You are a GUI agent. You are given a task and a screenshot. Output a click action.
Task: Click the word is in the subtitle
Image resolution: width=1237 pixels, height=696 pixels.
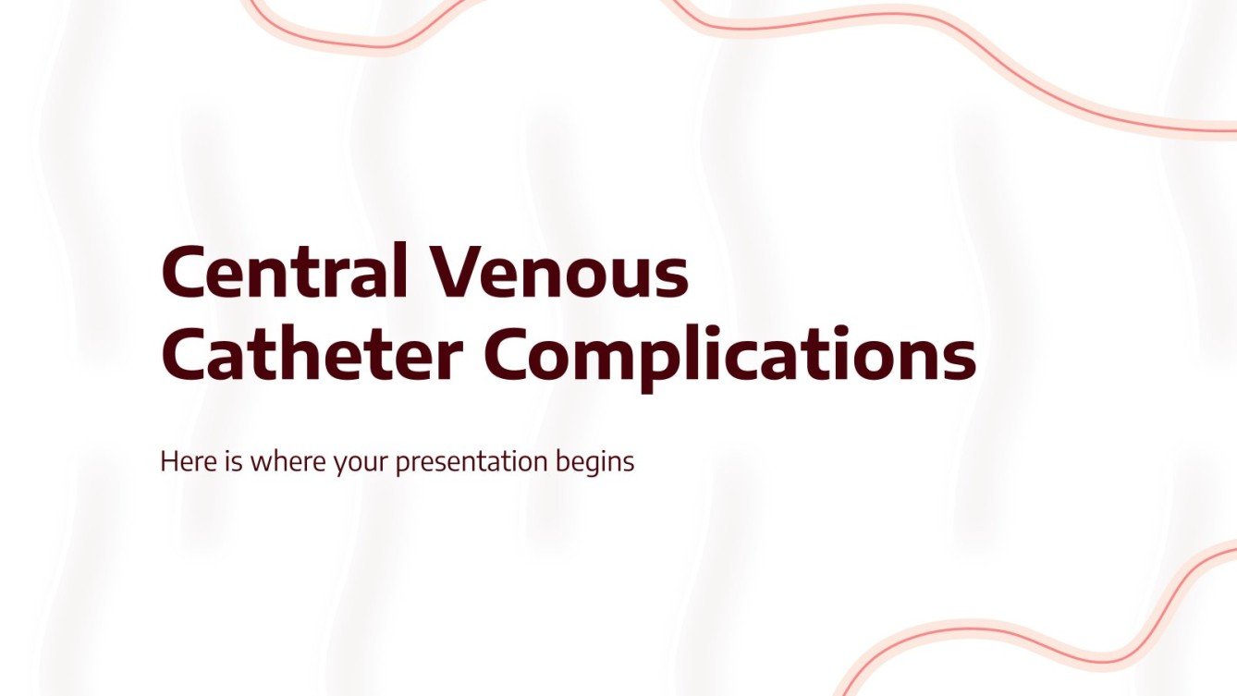230,461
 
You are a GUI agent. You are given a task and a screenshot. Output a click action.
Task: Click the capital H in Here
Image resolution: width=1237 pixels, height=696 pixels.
169,461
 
